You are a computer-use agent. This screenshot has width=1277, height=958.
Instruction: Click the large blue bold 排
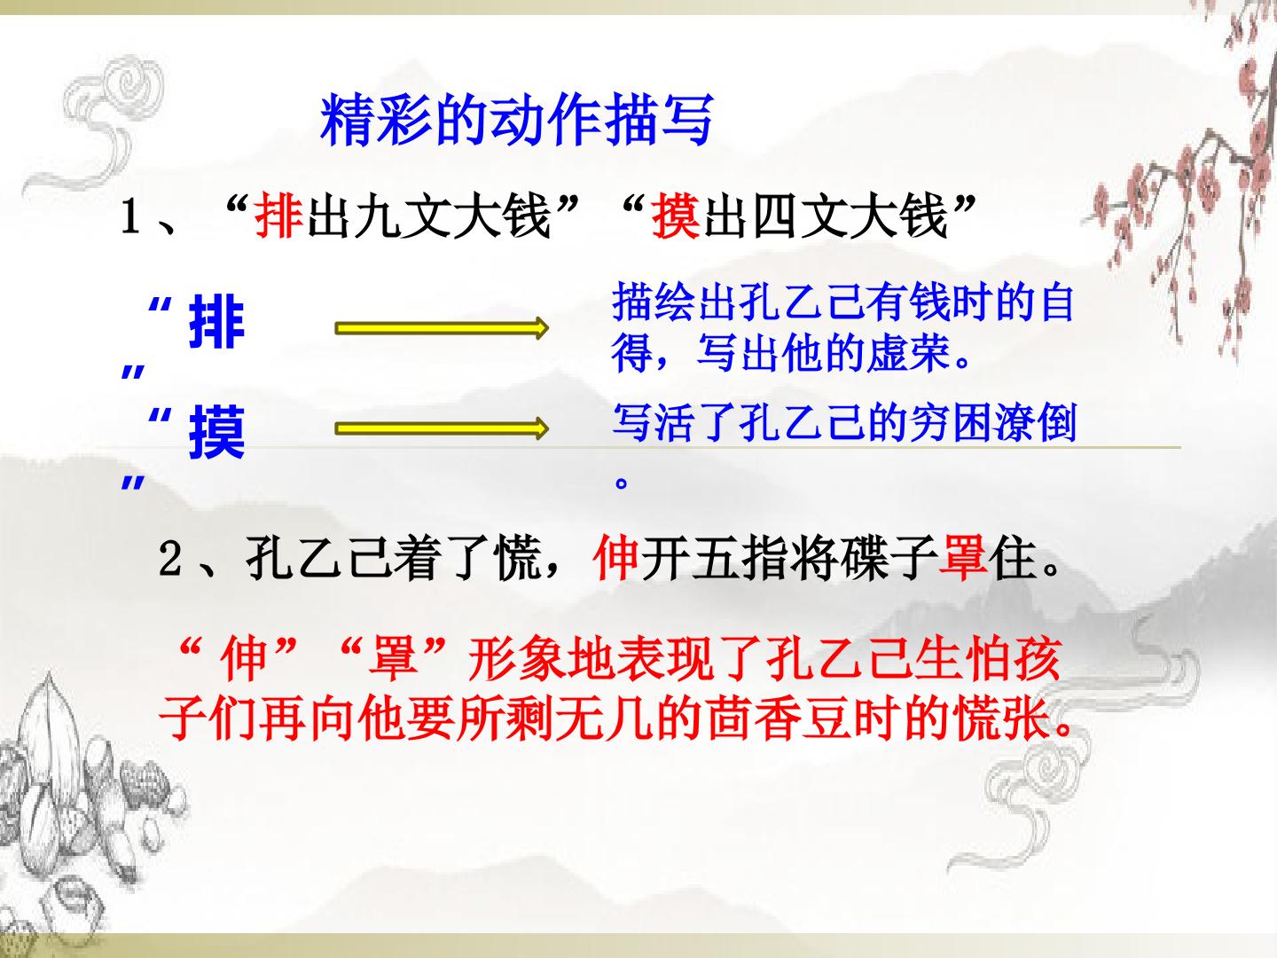[x=216, y=324]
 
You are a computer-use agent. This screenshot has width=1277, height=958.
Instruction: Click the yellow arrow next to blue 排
[x=442, y=329]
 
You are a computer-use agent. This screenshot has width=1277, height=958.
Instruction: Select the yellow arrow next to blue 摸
[x=442, y=429]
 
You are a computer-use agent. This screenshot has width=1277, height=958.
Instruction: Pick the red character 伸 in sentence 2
[x=616, y=559]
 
